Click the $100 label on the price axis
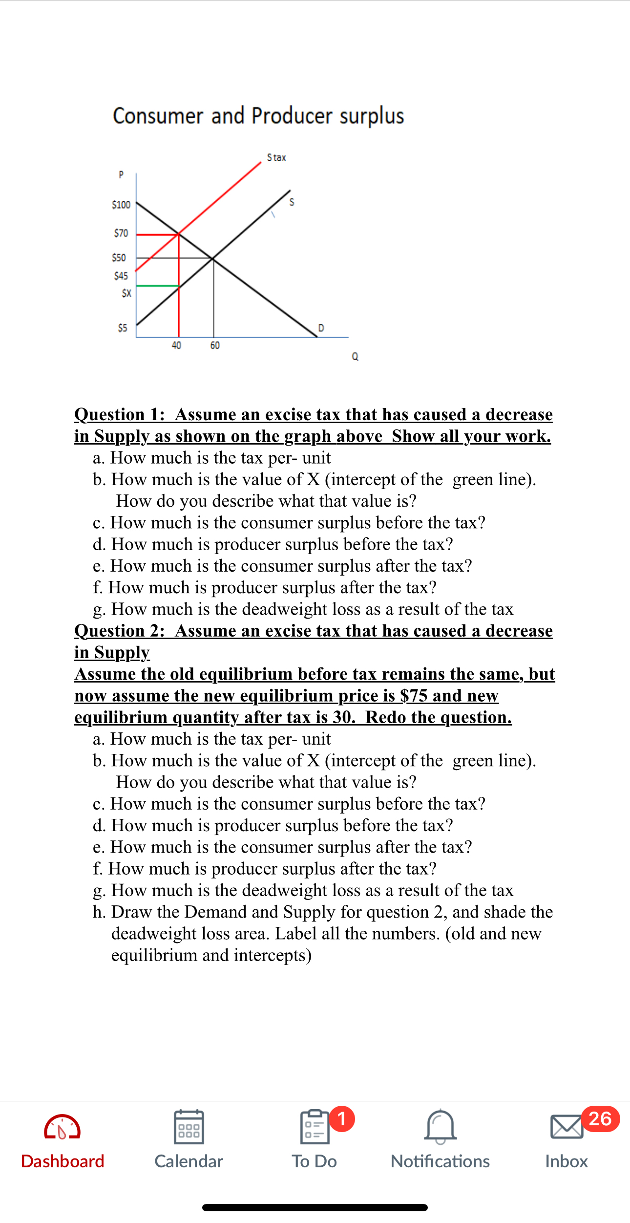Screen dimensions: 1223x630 point(121,205)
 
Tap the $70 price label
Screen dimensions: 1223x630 point(121,233)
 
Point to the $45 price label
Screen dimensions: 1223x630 point(121,276)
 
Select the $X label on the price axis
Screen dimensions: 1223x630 point(126,293)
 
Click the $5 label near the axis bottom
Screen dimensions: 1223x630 point(122,328)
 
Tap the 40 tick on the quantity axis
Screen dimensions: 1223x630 point(176,345)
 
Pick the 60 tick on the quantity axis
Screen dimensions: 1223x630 point(215,345)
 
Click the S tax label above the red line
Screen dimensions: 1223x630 point(276,157)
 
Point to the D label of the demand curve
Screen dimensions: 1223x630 point(321,327)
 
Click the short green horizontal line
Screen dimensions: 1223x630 point(157,285)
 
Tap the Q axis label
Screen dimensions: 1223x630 point(355,357)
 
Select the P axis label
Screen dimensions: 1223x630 point(121,174)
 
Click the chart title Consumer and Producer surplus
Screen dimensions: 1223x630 point(258,116)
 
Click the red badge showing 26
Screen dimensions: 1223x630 point(600,1118)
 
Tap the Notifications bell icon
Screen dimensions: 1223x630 point(440,1126)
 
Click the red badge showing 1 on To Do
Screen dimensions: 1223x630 point(342,1118)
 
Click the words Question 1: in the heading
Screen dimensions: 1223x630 point(119,414)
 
